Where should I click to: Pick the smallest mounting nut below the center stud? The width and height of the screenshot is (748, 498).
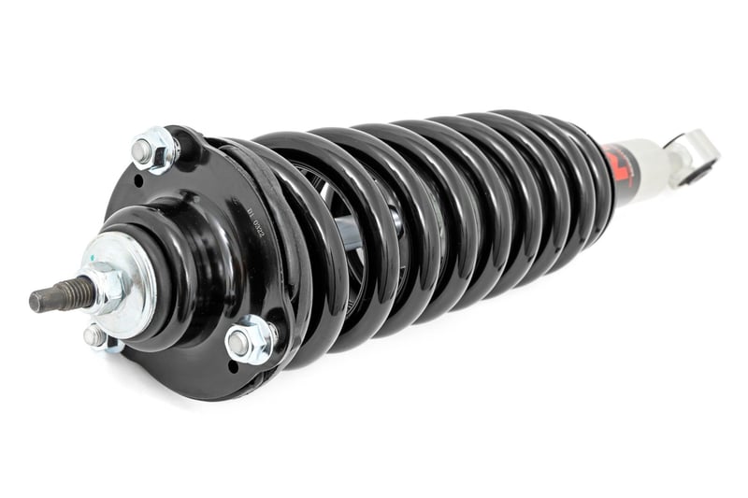[x=96, y=337]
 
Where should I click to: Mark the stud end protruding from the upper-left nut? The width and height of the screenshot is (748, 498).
[x=142, y=149]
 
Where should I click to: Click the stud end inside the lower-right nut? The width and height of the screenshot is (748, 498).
[x=240, y=342]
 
